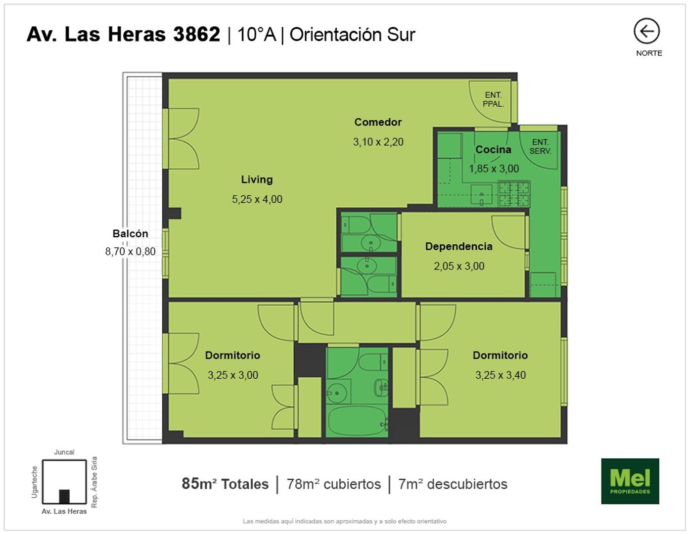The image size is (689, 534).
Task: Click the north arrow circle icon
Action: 646,31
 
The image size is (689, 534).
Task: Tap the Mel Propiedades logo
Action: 630,481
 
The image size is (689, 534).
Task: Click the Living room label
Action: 257,179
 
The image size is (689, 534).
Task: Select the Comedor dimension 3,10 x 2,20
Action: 378,142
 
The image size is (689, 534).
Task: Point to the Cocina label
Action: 493,149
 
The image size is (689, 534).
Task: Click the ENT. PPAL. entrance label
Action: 493,99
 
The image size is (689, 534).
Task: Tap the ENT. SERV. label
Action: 540,146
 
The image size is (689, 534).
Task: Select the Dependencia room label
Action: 459,246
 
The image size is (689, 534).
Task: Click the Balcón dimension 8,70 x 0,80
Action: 130,251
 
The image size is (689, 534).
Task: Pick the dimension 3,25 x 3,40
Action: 501,375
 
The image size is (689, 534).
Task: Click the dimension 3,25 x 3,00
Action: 233,375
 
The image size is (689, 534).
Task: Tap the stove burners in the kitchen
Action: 513,194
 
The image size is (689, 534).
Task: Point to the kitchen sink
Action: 481,195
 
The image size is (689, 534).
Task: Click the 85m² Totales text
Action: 225,484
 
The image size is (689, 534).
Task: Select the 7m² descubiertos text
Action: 453,484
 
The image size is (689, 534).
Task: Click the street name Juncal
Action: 64,452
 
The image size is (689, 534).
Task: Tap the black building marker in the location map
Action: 64,496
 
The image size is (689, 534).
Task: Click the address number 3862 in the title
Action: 196,34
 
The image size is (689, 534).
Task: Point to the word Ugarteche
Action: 34,482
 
